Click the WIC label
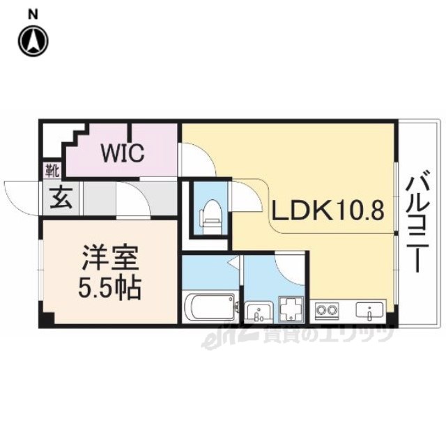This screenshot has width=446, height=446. tap(123, 153)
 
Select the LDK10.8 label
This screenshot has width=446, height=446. tap(328, 210)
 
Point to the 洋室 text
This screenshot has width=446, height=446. tap(110, 258)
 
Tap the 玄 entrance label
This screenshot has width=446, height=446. tap(61, 198)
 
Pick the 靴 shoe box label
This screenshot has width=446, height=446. tap(52, 171)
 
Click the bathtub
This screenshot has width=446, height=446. tap(210, 307)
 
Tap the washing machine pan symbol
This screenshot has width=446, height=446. tap(291, 309)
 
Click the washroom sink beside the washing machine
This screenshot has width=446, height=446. tap(259, 312)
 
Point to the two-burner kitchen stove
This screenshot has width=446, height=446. tap(327, 309)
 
